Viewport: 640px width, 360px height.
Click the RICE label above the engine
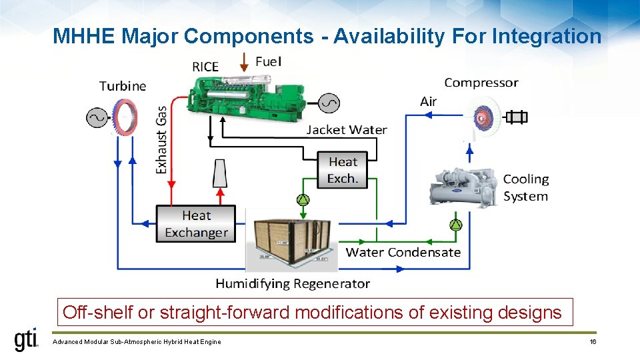click(x=205, y=67)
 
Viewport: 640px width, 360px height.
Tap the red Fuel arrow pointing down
click(x=245, y=62)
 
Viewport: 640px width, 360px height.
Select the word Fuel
click(x=269, y=61)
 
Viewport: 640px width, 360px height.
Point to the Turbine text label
click(x=123, y=86)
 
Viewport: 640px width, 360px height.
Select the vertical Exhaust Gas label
click(x=161, y=141)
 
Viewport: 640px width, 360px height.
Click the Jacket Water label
click(x=346, y=130)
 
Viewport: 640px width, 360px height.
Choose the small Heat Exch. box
click(x=343, y=170)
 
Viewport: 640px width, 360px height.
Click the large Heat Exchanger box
click(x=196, y=224)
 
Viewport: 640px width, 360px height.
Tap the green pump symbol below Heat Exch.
click(x=303, y=200)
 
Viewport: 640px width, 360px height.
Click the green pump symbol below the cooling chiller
click(x=455, y=225)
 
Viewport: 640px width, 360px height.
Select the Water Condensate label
click(x=403, y=252)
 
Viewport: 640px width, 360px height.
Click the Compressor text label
click(x=481, y=83)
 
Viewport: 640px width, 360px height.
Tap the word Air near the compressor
click(x=429, y=101)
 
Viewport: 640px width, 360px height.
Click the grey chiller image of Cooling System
click(x=463, y=185)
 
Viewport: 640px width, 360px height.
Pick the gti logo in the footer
click(x=27, y=340)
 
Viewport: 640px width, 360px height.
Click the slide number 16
click(x=593, y=342)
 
